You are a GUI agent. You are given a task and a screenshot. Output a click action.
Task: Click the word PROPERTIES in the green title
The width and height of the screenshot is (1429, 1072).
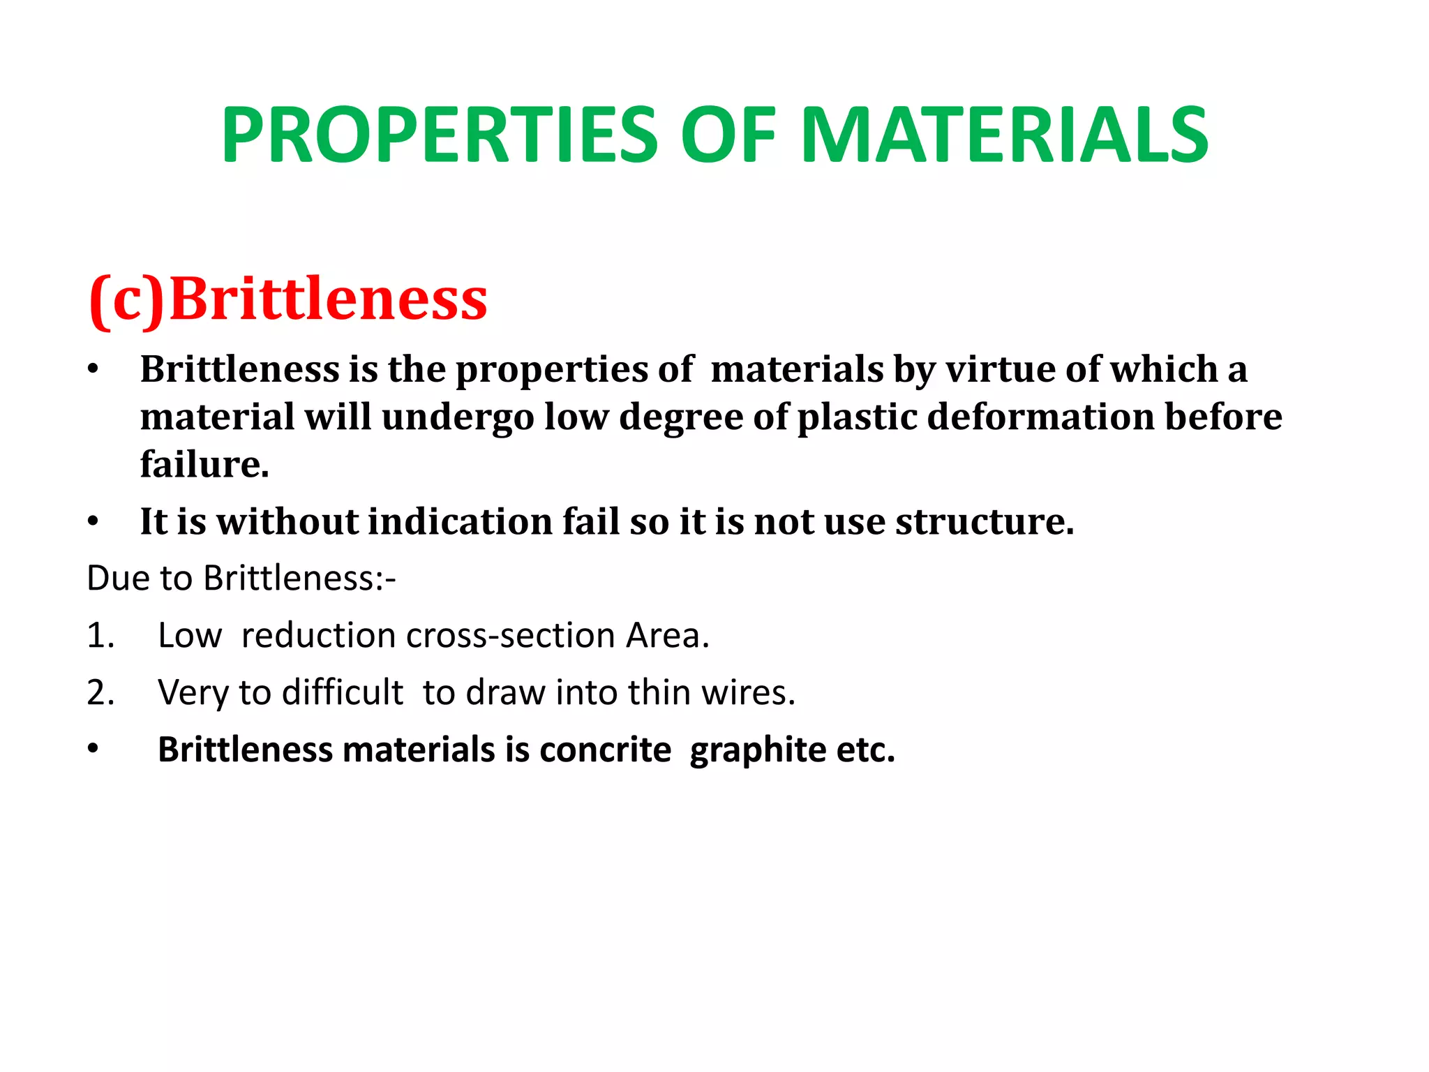tap(440, 135)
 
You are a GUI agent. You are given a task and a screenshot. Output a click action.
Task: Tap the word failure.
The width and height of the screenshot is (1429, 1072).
tap(204, 464)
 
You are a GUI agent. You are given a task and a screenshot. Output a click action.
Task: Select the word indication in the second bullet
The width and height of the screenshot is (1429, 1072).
tap(461, 521)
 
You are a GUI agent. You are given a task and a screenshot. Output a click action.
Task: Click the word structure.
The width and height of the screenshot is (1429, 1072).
tap(985, 521)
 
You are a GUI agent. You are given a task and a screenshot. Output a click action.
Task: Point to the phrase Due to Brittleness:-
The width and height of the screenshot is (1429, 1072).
tap(241, 579)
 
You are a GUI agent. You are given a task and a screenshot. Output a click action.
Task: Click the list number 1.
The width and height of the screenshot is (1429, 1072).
tap(100, 636)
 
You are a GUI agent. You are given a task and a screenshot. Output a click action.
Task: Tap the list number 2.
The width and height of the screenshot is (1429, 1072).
tap(100, 693)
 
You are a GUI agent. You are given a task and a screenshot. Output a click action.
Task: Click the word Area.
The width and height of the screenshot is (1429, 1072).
tap(667, 636)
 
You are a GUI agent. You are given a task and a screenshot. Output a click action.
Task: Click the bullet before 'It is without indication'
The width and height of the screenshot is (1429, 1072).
tap(93, 521)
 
